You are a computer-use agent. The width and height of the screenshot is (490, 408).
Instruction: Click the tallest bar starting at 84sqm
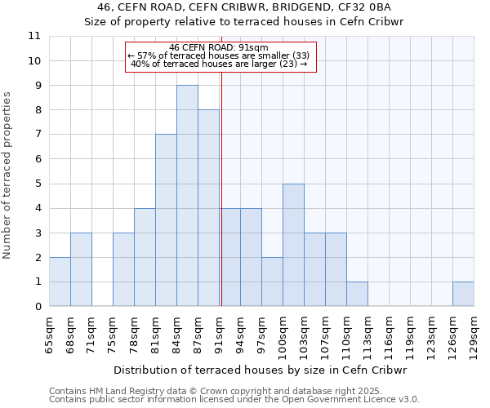click(x=187, y=196)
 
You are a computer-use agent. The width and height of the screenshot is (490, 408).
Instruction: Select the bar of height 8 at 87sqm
click(x=208, y=208)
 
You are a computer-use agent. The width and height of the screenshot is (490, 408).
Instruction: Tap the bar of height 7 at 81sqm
click(x=166, y=220)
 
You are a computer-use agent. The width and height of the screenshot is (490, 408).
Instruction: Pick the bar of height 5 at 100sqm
click(x=293, y=245)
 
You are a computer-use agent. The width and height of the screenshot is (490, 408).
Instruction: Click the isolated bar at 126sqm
click(x=463, y=294)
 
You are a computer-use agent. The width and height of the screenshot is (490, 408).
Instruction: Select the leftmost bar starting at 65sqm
click(x=60, y=282)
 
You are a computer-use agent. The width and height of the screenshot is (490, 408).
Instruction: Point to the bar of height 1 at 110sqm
click(x=357, y=294)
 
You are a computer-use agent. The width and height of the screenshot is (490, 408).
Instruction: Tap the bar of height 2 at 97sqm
click(x=272, y=282)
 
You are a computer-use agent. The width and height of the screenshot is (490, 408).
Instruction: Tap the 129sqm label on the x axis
click(x=474, y=334)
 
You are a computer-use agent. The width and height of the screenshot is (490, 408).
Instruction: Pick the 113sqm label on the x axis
click(x=367, y=334)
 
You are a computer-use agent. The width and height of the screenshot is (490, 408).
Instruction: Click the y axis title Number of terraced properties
click(x=7, y=175)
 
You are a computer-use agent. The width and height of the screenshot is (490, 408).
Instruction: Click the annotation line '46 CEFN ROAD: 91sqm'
click(x=219, y=47)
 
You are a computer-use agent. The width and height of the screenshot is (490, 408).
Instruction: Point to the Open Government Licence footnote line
click(x=234, y=400)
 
